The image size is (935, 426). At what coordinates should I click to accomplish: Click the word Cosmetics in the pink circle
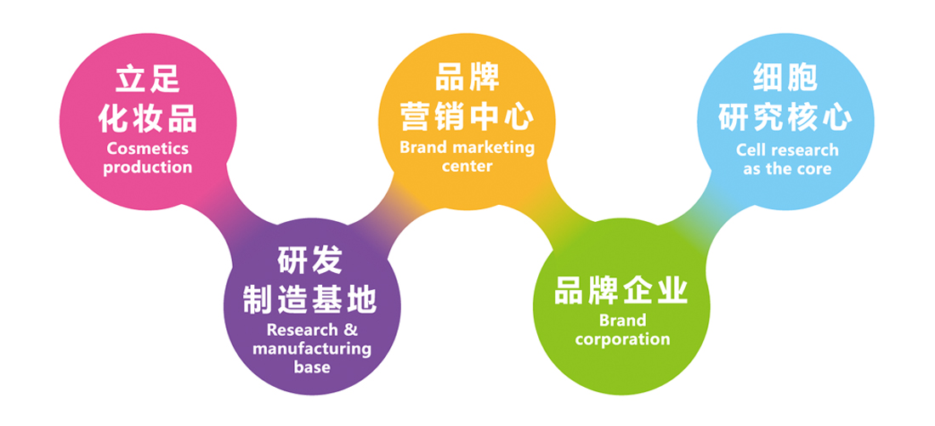tap(148, 149)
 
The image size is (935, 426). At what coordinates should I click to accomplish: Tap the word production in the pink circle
tap(148, 168)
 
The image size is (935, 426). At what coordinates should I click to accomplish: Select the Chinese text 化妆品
tap(148, 117)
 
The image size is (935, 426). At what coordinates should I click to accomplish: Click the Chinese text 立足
tap(148, 80)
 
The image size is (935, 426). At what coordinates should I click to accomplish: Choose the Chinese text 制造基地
tap(310, 298)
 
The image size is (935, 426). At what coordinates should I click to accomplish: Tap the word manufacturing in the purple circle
tap(312, 349)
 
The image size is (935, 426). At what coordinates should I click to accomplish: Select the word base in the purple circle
tap(312, 367)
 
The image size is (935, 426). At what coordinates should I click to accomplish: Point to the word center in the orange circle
tap(467, 166)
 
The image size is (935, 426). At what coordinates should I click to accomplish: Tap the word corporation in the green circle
tap(622, 339)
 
